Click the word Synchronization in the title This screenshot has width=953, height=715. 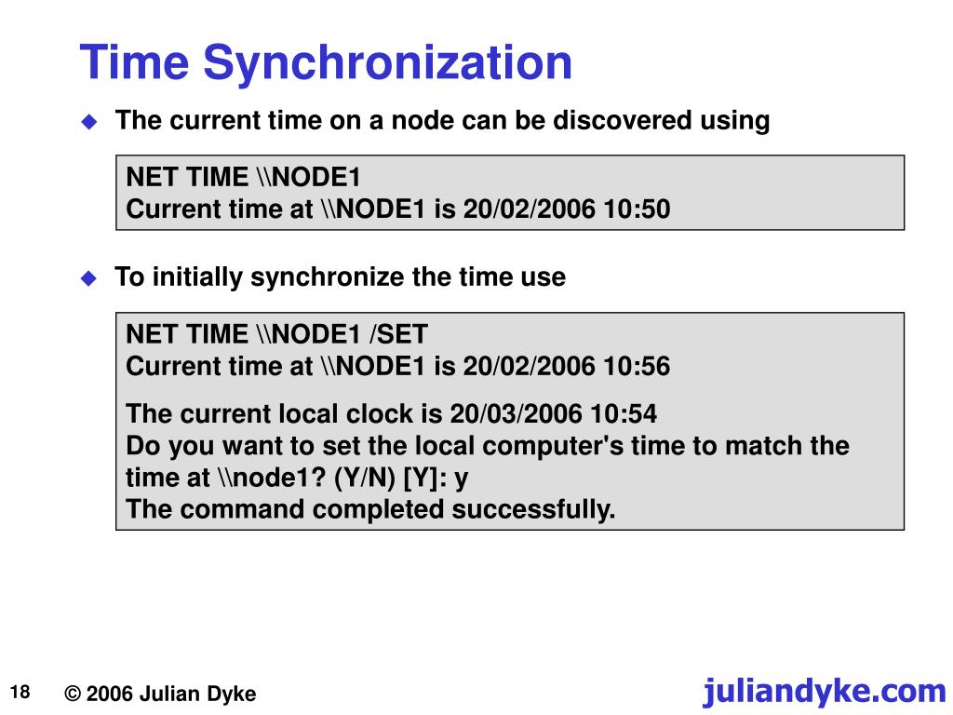tap(387, 63)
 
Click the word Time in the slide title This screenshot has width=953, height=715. tap(135, 63)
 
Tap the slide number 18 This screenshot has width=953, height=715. tap(21, 692)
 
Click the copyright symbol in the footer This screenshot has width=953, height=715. tap(74, 695)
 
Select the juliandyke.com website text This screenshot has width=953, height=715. tap(825, 691)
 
